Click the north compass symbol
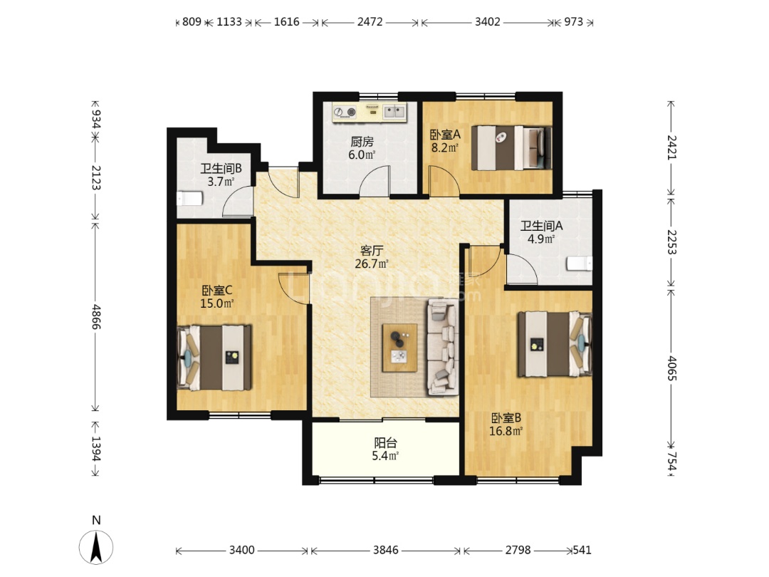point(96,546)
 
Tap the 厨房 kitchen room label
point(362,142)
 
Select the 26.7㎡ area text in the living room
point(371,264)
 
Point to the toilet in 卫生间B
point(189,199)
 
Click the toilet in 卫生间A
point(579,264)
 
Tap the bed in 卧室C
point(214,357)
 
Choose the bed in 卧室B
point(555,344)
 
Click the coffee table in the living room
point(399,348)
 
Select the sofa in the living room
point(444,347)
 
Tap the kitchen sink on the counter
point(394,112)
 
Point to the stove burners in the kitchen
point(345,113)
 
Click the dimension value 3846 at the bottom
point(385,550)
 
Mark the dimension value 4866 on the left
point(96,316)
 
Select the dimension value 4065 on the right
point(672,369)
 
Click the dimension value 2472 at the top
point(370,22)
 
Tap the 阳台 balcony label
point(385,443)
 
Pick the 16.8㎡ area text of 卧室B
point(506,431)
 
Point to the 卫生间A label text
point(541,227)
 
